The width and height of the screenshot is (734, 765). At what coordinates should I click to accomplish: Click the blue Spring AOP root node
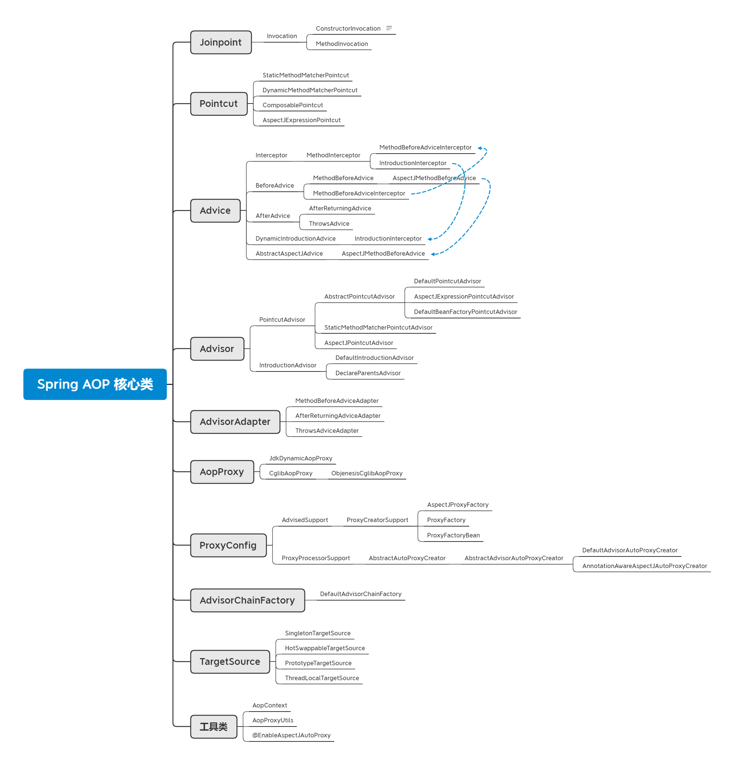pyautogui.click(x=95, y=384)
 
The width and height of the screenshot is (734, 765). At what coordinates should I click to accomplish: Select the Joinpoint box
pyautogui.click(x=221, y=42)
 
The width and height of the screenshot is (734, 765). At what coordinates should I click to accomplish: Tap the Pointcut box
pyautogui.click(x=219, y=104)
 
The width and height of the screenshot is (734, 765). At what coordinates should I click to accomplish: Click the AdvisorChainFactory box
pyautogui.click(x=247, y=600)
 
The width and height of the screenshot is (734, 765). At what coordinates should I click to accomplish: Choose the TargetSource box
pyautogui.click(x=230, y=661)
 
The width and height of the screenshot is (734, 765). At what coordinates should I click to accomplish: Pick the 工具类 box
pyautogui.click(x=214, y=727)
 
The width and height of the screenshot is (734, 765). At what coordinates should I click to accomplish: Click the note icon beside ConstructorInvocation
pyautogui.click(x=389, y=28)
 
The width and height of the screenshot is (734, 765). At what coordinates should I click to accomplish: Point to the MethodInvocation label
pyautogui.click(x=342, y=44)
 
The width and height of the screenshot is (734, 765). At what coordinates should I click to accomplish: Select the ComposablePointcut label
pyautogui.click(x=292, y=105)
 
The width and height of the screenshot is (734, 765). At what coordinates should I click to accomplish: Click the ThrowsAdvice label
pyautogui.click(x=329, y=223)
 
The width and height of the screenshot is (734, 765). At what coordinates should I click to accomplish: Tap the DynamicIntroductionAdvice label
pyautogui.click(x=295, y=238)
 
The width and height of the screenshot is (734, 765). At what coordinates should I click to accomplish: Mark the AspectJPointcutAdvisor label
pyautogui.click(x=359, y=343)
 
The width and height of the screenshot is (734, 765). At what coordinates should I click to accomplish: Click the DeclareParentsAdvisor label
pyautogui.click(x=368, y=373)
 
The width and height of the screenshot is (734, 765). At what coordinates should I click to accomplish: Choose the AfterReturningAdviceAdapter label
pyautogui.click(x=338, y=416)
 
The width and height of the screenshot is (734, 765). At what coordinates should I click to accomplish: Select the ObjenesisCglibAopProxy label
pyautogui.click(x=366, y=473)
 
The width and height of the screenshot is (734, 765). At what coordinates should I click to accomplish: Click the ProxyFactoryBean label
pyautogui.click(x=453, y=535)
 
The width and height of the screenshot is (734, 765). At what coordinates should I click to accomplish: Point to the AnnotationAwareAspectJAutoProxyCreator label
pyautogui.click(x=644, y=566)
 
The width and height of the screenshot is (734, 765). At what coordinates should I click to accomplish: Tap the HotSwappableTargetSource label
pyautogui.click(x=325, y=648)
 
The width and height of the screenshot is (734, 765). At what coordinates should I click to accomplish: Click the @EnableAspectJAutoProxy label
pyautogui.click(x=291, y=735)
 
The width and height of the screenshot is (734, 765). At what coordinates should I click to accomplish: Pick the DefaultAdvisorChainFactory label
pyautogui.click(x=360, y=594)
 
